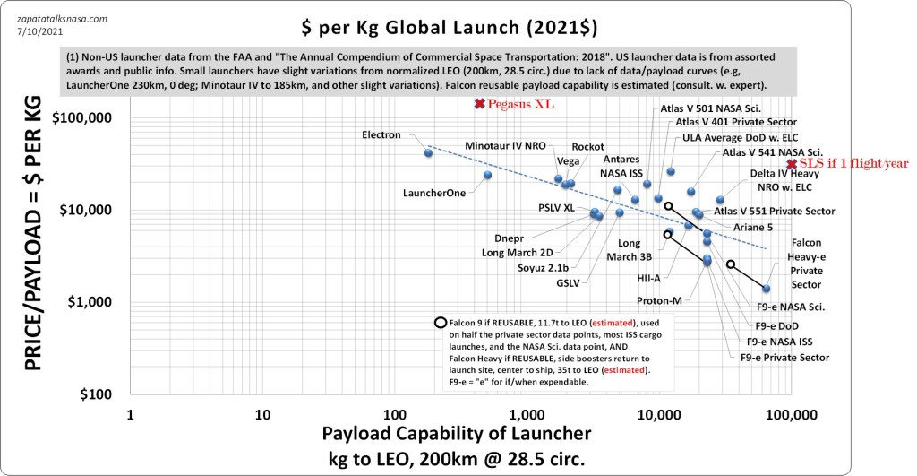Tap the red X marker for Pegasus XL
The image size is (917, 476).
click(x=479, y=105)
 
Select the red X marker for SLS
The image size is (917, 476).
click(x=791, y=163)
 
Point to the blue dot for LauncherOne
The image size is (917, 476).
click(x=487, y=175)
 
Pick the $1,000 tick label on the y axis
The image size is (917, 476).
click(x=90, y=302)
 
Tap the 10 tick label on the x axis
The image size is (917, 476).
click(x=262, y=415)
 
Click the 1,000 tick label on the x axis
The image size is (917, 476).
click(x=526, y=415)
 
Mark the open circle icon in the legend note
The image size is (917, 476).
click(x=440, y=323)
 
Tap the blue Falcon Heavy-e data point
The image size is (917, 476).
click(x=766, y=289)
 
